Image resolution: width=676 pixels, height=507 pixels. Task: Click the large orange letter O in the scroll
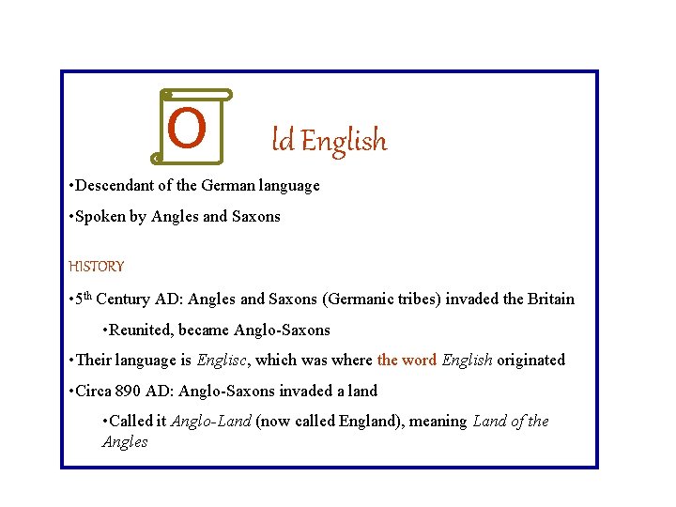188,129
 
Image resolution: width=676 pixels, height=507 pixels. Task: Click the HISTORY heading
97,267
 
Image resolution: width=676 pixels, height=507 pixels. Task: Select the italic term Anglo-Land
210,422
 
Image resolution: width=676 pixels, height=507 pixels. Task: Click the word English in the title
344,142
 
